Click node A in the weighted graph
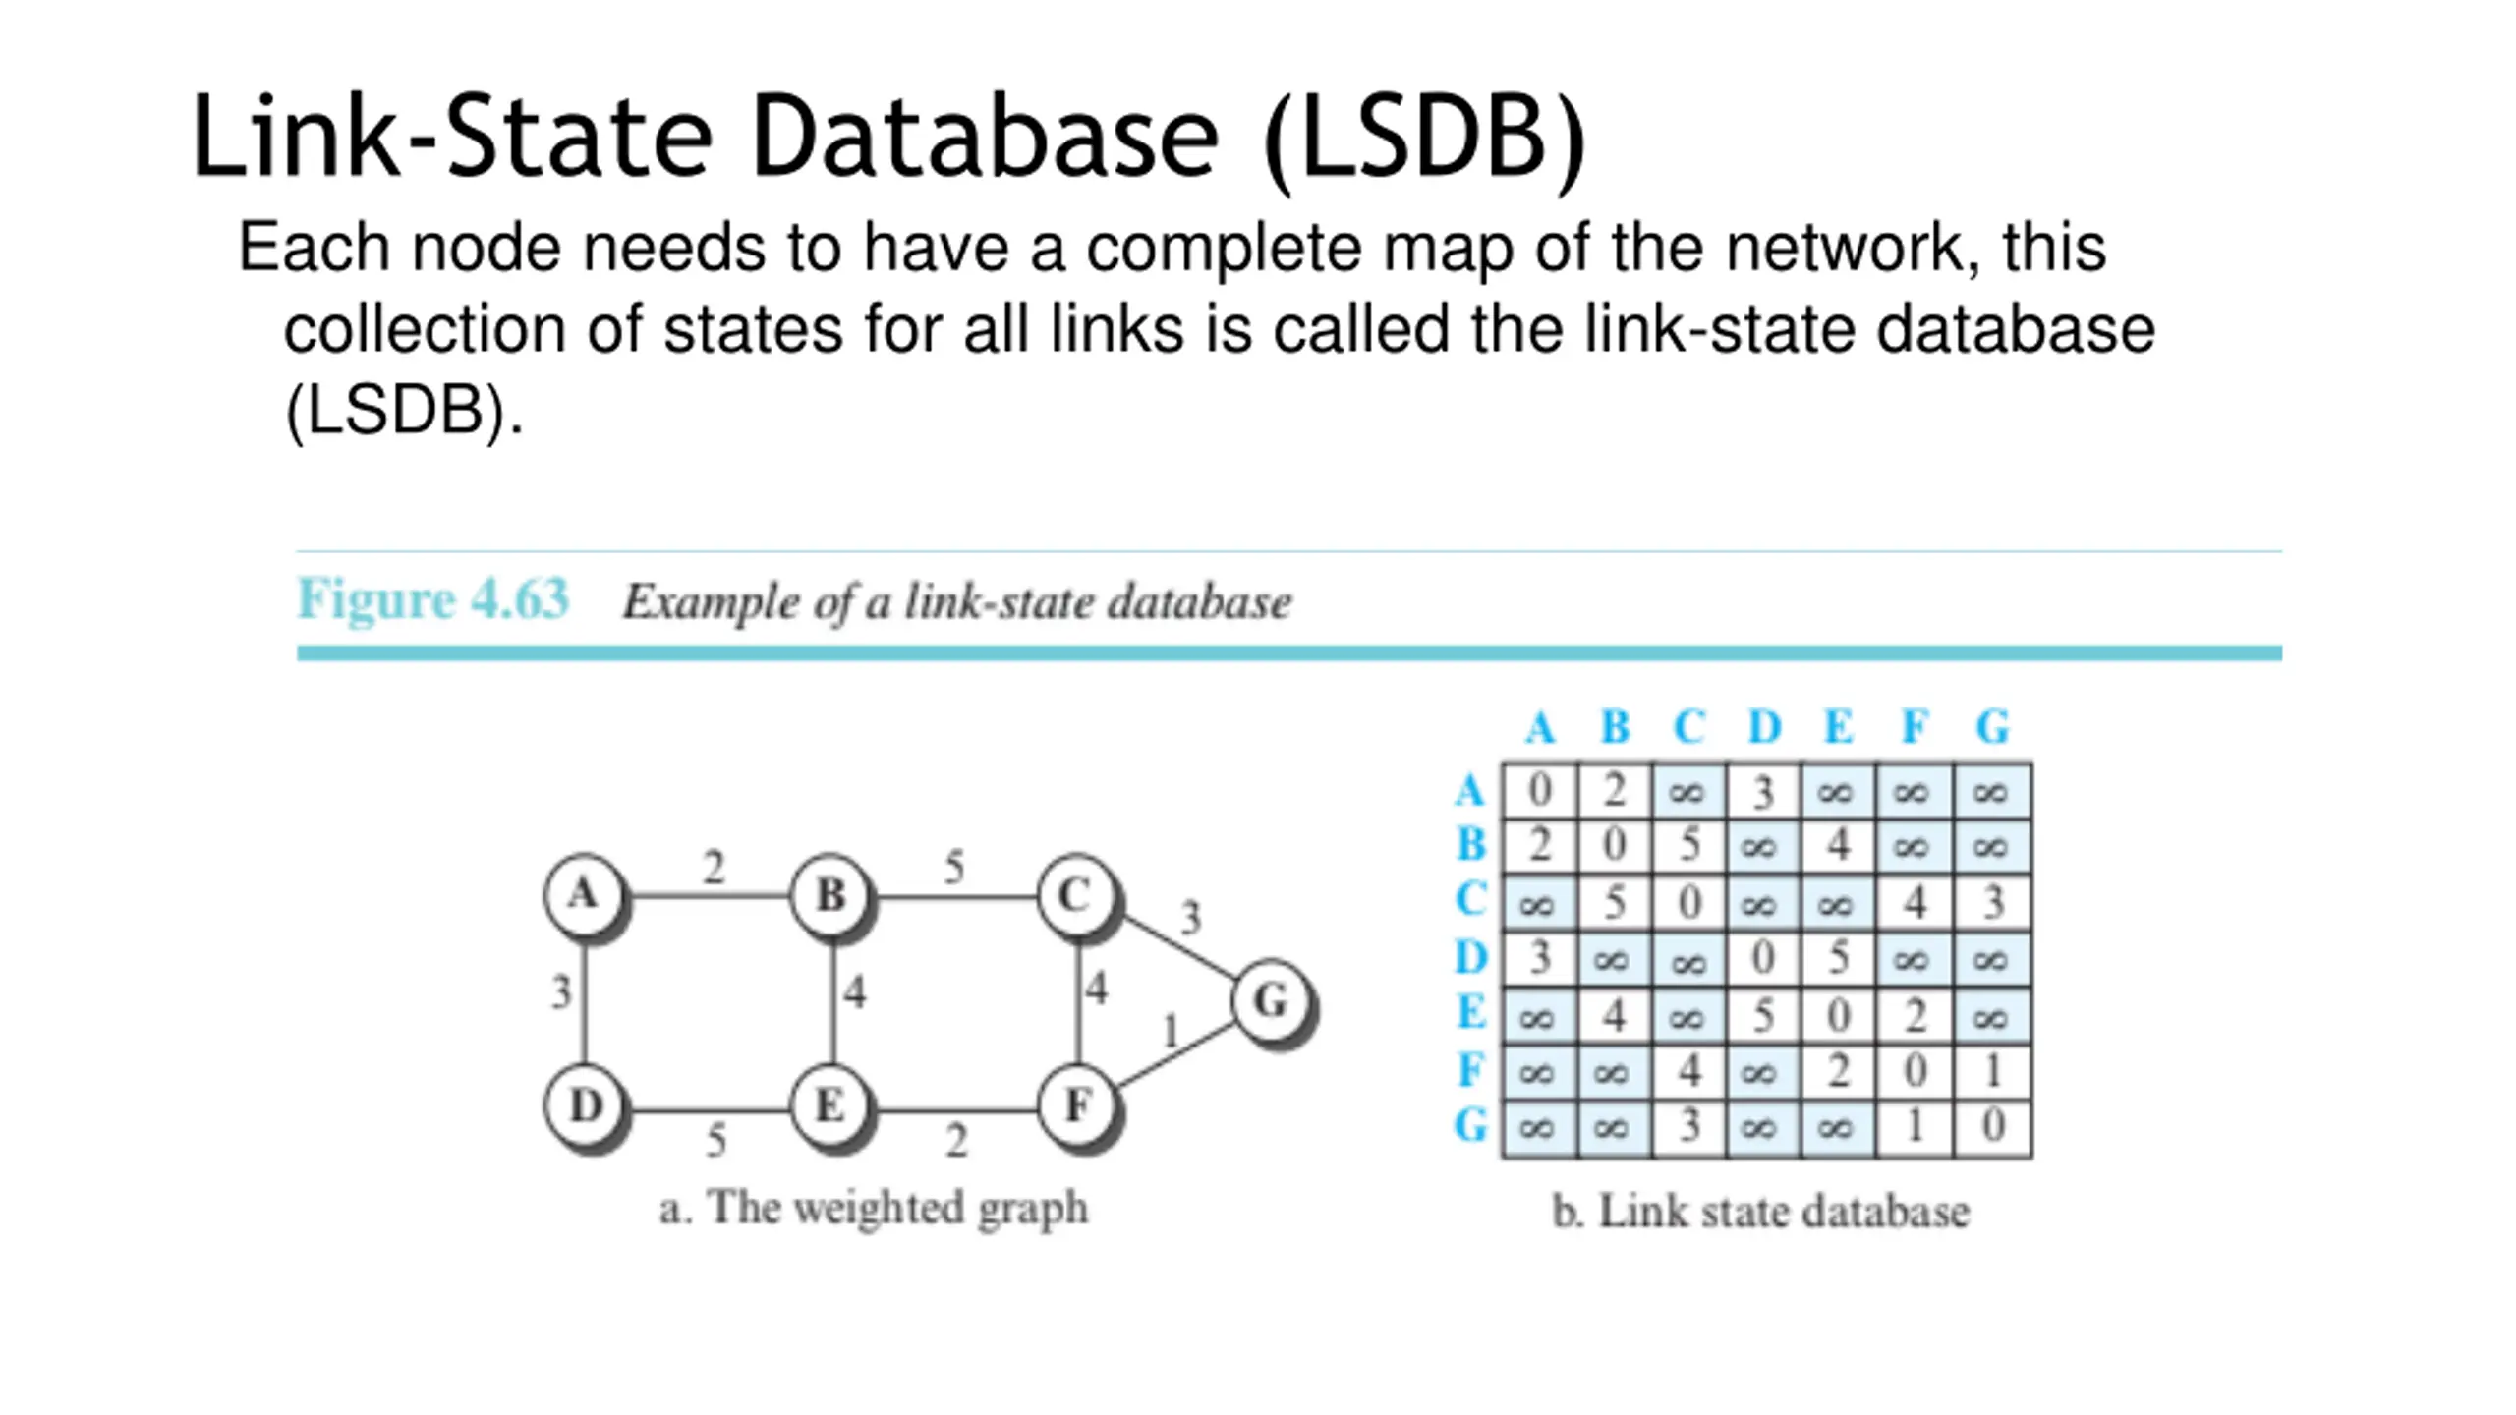pyautogui.click(x=584, y=895)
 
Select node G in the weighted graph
pyautogui.click(x=1272, y=1001)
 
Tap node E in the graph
pyautogui.click(x=831, y=1107)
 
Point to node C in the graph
pyautogui.click(x=1077, y=895)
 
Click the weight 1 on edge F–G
pyautogui.click(x=1170, y=1032)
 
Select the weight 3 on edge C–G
pyautogui.click(x=1191, y=918)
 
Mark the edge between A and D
pyautogui.click(x=585, y=1001)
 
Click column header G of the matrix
pyautogui.click(x=1992, y=728)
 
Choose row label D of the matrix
pyautogui.click(x=1471, y=957)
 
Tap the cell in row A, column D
pyautogui.click(x=1763, y=790)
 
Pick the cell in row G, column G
pyautogui.click(x=1992, y=1127)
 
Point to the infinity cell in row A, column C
pyautogui.click(x=1688, y=790)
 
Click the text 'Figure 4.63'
pyautogui.click(x=433, y=598)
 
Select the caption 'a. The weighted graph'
pyautogui.click(x=874, y=1208)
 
